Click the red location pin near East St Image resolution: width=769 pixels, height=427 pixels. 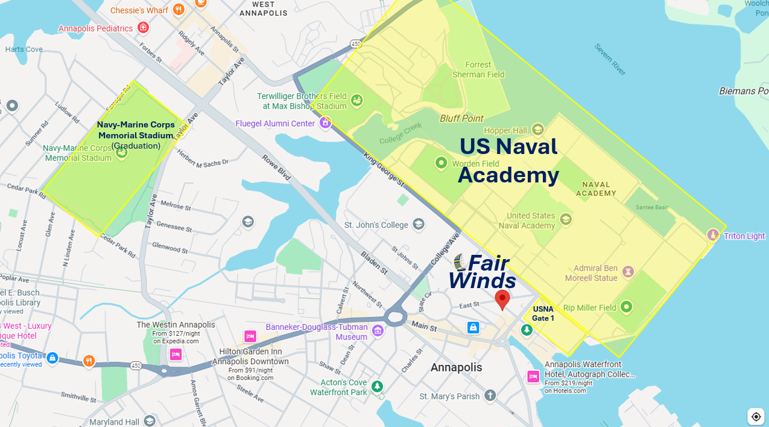[x=502, y=299]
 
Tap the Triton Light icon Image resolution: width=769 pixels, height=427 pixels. [x=713, y=235]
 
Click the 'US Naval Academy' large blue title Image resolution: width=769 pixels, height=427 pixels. [x=508, y=161]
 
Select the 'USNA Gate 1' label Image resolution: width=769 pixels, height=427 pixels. [x=543, y=313]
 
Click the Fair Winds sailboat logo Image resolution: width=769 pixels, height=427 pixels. [x=459, y=262]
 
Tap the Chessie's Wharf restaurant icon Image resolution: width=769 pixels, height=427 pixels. [x=178, y=10]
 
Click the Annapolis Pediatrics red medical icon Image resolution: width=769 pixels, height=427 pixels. [x=143, y=28]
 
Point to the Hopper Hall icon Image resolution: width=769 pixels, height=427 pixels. [x=537, y=129]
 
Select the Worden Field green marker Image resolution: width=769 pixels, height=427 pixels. [x=441, y=163]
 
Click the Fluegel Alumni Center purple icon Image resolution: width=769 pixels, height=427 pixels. [x=326, y=123]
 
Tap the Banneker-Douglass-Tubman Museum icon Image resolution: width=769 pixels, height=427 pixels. [x=378, y=330]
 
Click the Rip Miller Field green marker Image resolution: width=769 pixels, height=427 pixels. [x=626, y=307]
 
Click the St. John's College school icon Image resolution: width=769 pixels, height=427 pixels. [x=418, y=225]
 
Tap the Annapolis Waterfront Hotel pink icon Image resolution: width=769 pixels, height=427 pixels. [x=533, y=376]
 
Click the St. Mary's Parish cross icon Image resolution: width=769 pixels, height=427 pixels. [x=490, y=396]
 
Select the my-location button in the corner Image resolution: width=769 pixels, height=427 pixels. [x=756, y=416]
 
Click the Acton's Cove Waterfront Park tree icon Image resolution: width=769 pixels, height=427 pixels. [x=377, y=386]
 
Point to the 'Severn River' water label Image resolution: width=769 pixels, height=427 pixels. [x=610, y=59]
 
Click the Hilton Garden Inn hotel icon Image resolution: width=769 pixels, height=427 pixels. [x=250, y=336]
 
